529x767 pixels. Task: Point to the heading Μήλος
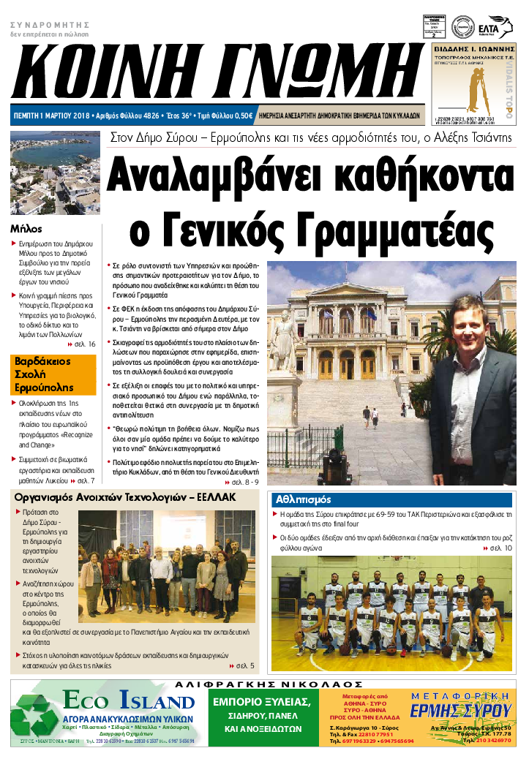[x=26, y=227]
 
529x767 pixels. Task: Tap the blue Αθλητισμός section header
[x=302, y=500]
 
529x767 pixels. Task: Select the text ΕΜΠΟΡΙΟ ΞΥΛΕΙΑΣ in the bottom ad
[x=262, y=702]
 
